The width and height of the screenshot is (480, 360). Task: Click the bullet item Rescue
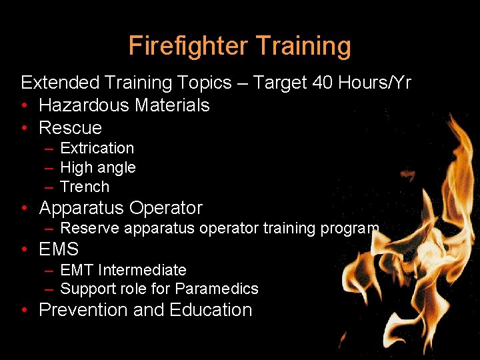click(70, 128)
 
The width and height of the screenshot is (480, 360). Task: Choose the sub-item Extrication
click(97, 148)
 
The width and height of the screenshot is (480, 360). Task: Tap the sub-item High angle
click(97, 168)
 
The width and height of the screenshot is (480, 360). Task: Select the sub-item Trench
click(85, 187)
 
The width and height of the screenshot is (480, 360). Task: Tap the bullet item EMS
click(59, 250)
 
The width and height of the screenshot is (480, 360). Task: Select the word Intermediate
click(142, 270)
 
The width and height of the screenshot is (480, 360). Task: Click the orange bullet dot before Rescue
click(25, 128)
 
